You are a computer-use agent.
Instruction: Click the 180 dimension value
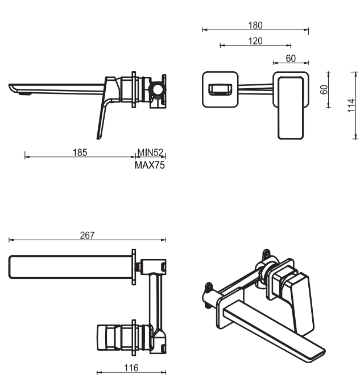point(255,25)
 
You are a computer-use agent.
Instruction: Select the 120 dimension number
point(255,40)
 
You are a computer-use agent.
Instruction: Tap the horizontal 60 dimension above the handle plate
point(291,58)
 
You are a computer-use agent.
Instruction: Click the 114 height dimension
point(351,105)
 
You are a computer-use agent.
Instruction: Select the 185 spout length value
point(80,152)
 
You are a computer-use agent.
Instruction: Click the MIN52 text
point(150,152)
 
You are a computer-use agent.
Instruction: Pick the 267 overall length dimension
point(87,235)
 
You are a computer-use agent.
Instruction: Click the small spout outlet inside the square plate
point(220,89)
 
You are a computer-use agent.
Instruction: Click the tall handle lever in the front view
point(291,108)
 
